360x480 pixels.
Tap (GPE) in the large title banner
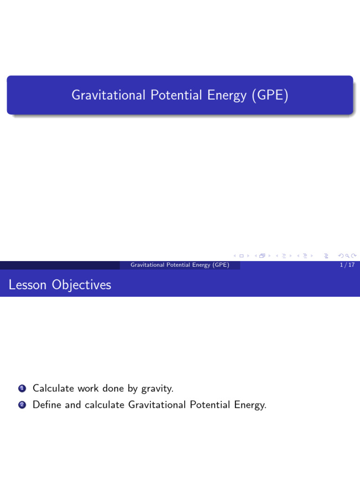(x=270, y=95)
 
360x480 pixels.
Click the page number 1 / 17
(x=347, y=265)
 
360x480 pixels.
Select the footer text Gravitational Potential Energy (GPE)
(x=180, y=265)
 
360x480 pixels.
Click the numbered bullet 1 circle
(x=22, y=389)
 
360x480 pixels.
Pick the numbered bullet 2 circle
(x=22, y=405)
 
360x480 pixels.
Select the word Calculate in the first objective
(x=53, y=388)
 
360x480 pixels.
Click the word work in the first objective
(x=88, y=388)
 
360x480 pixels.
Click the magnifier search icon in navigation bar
(x=347, y=255)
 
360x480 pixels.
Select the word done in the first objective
(x=114, y=388)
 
